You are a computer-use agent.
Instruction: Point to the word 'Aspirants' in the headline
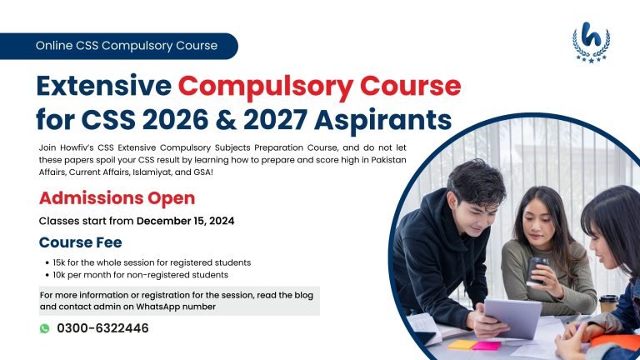pos(392,120)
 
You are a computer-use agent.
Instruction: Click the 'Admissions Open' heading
pos(117,198)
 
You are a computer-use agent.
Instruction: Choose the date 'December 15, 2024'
pos(185,222)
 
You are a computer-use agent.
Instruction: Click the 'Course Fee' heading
pos(81,242)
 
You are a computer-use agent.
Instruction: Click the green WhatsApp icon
pos(45,328)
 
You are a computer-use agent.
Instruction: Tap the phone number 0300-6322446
pos(102,328)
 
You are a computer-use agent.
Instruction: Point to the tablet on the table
pos(512,317)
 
